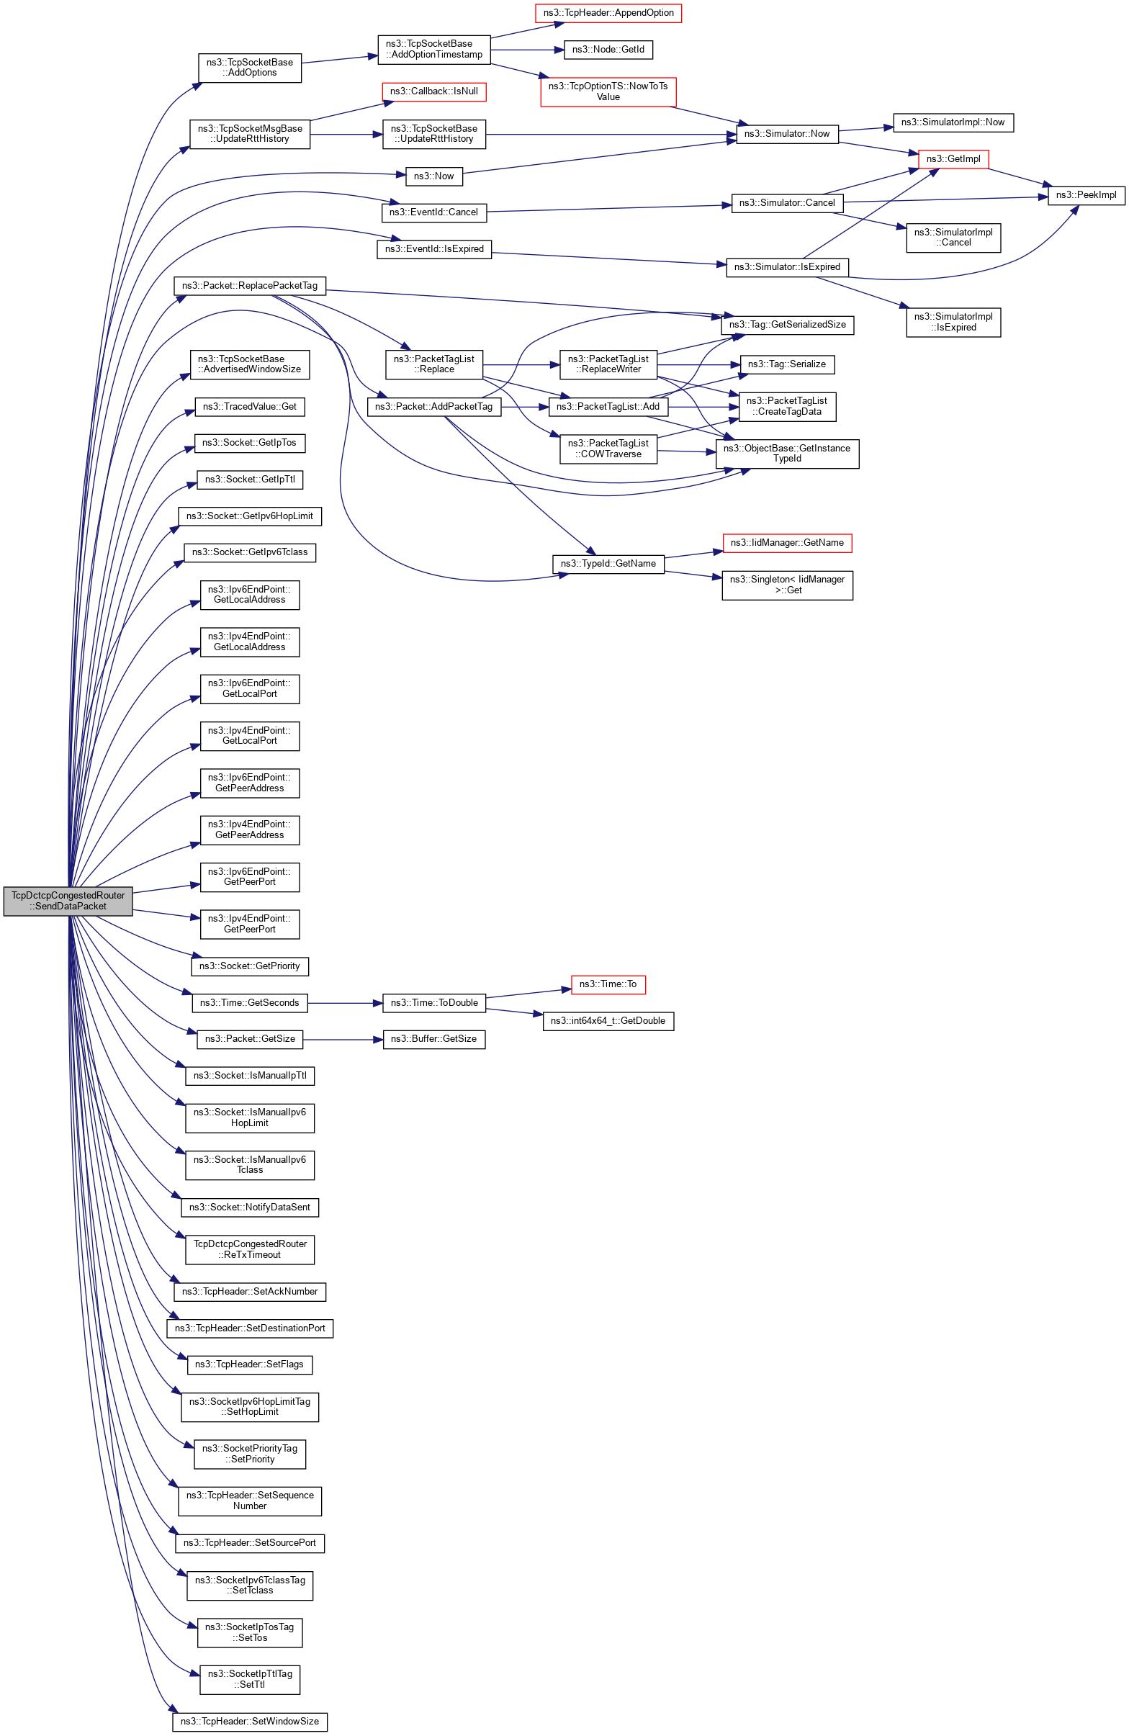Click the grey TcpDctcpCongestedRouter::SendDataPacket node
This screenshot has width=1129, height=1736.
68,901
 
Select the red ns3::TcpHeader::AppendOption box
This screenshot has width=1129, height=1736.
608,13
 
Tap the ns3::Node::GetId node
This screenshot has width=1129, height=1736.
608,50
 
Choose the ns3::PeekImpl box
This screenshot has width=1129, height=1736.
1086,195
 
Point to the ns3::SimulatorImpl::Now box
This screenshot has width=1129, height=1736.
953,122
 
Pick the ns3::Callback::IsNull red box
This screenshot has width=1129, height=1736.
434,92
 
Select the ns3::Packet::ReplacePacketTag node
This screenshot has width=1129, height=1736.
249,286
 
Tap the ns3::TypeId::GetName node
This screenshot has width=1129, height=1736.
608,564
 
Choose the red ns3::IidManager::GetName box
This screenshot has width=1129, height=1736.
787,544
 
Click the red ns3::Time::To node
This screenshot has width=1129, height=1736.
608,985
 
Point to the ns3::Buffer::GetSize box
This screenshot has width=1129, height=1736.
434,1040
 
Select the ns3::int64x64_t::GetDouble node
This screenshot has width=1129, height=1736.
608,1021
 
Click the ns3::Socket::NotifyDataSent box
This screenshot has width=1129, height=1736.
249,1208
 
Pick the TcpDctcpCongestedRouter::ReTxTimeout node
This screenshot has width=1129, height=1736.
249,1249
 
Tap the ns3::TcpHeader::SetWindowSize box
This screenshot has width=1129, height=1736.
249,1722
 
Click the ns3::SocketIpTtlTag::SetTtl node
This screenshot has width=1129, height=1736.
249,1679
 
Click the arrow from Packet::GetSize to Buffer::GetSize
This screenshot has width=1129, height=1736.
343,1040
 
